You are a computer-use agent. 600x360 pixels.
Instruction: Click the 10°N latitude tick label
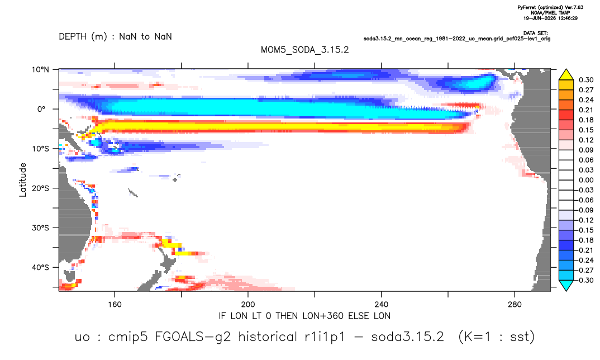[40, 70]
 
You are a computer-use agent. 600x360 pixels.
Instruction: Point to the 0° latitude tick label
[41, 109]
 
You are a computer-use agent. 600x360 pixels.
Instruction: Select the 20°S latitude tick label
[40, 188]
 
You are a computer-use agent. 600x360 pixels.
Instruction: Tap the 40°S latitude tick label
[40, 267]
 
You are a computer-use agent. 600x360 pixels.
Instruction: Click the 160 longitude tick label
[115, 305]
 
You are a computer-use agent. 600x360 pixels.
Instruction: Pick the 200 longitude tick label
[248, 305]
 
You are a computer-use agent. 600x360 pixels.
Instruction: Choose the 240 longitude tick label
[382, 305]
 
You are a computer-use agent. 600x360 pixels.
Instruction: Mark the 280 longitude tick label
[515, 305]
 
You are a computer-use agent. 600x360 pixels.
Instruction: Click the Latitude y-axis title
[23, 180]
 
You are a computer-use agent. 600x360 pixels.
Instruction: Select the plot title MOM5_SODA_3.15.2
[305, 50]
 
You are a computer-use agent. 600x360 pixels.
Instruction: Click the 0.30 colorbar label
[586, 80]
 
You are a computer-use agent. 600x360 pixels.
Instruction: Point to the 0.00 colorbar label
[586, 180]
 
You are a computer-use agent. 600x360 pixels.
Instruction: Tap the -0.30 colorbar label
[584, 280]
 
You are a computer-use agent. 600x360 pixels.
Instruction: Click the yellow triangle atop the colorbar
[566, 75]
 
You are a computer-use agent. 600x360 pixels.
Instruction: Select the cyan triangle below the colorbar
[566, 285]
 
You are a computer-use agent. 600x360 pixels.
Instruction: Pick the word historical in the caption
[268, 337]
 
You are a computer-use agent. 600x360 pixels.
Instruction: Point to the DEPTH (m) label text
[83, 37]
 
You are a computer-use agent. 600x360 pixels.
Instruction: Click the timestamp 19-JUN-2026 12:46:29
[551, 18]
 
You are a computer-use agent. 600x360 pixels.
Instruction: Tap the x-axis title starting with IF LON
[304, 316]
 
